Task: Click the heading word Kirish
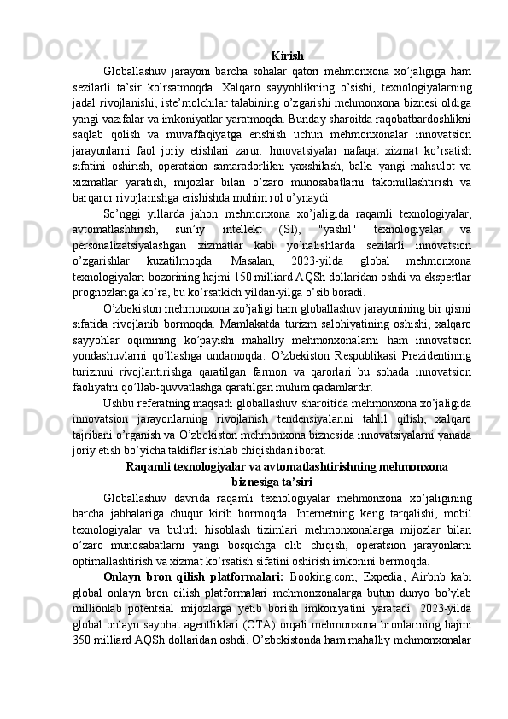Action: tap(288, 32)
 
